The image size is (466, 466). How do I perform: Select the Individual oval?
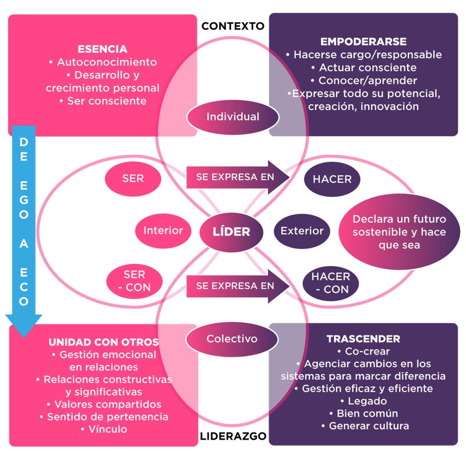click(x=232, y=116)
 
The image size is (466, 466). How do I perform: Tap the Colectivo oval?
click(x=232, y=338)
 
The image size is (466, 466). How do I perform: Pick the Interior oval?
click(x=163, y=231)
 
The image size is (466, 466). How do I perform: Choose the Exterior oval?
click(x=302, y=231)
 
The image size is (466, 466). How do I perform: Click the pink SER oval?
click(x=133, y=178)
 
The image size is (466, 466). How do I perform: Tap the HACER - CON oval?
click(x=330, y=283)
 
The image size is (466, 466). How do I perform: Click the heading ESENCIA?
click(x=103, y=49)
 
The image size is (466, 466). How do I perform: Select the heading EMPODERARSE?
click(x=363, y=42)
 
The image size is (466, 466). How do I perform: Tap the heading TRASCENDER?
click(x=363, y=338)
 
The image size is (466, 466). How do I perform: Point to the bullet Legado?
click(x=363, y=401)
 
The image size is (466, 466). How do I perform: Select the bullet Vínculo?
click(x=104, y=429)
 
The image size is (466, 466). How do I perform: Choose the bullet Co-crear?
click(x=363, y=351)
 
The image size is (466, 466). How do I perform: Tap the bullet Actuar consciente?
click(x=363, y=68)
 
